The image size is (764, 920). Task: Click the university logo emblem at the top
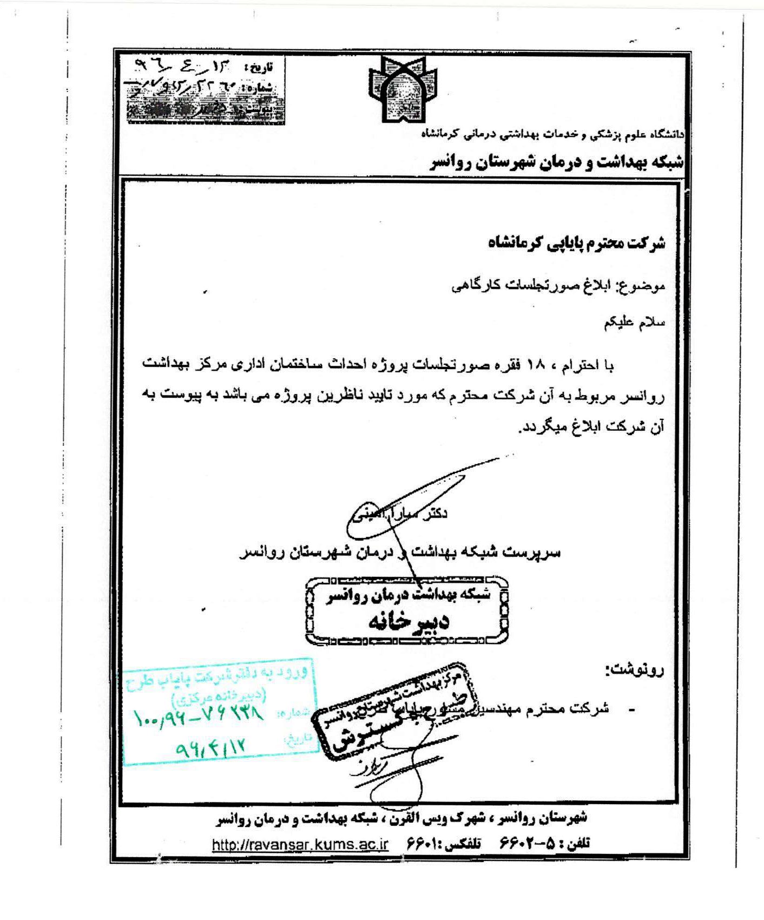pyautogui.click(x=403, y=89)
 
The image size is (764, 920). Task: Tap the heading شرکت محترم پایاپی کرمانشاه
pyautogui.click(x=577, y=243)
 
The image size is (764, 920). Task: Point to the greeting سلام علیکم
pyautogui.click(x=635, y=323)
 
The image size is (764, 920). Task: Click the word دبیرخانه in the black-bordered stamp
pyautogui.click(x=409, y=622)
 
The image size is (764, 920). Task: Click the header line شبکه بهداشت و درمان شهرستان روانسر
pyautogui.click(x=557, y=162)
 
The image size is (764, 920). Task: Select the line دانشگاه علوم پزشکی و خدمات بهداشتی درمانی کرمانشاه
pyautogui.click(x=552, y=133)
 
